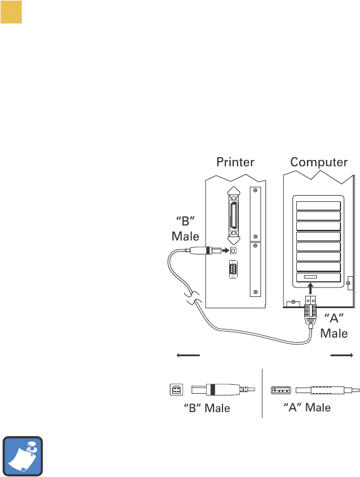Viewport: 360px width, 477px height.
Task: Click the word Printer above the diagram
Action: [x=235, y=163]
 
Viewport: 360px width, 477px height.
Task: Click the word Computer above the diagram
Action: [x=319, y=163]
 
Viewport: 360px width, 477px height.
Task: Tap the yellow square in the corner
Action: [x=11, y=12]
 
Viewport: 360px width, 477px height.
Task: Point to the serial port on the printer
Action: [x=234, y=271]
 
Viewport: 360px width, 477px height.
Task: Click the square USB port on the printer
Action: [x=234, y=250]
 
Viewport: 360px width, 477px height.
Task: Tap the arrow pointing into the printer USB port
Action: [x=221, y=250]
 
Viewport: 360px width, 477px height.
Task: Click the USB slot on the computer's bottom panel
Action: [x=310, y=277]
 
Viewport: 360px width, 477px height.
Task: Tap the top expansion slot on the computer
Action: [x=318, y=205]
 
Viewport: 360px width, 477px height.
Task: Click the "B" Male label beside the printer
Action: [x=185, y=229]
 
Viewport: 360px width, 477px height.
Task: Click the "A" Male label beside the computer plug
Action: [x=334, y=326]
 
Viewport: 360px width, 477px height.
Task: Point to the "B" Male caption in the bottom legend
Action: [x=207, y=408]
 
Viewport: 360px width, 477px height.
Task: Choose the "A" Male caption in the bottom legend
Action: [x=304, y=407]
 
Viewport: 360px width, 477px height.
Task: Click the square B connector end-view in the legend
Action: [x=175, y=389]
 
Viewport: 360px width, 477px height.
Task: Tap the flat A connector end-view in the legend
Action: [x=280, y=389]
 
